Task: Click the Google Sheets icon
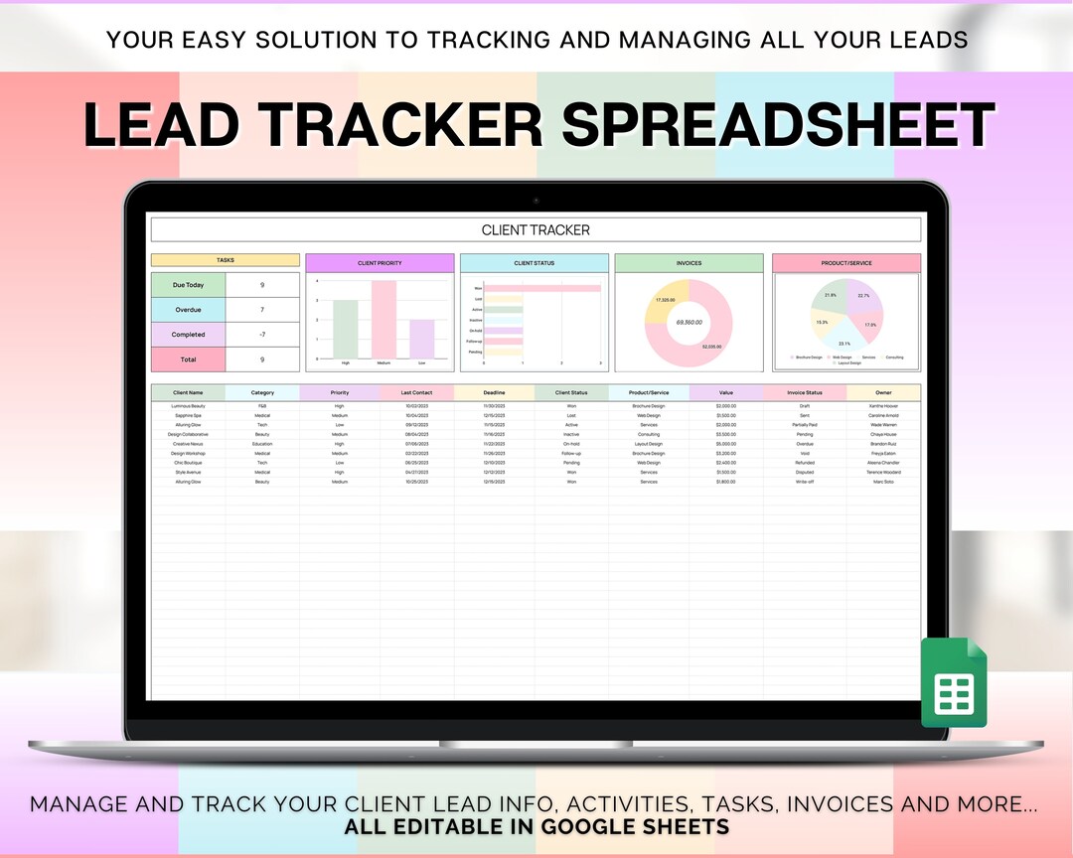tap(954, 682)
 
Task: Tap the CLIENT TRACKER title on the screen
tap(536, 230)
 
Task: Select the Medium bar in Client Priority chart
tap(383, 319)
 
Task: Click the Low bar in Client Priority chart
tap(422, 339)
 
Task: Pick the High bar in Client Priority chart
tap(345, 329)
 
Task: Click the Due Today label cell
tap(188, 285)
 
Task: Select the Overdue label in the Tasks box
tap(188, 310)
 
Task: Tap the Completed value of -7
tap(262, 335)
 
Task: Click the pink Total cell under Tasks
tap(188, 359)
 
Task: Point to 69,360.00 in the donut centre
tap(689, 322)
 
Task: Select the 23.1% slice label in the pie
tap(844, 344)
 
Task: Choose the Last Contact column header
tap(416, 392)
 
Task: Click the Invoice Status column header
tap(804, 392)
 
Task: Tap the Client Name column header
tap(188, 392)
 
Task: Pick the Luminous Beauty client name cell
tap(188, 406)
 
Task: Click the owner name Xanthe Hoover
tap(883, 406)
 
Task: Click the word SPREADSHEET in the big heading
tap(778, 125)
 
